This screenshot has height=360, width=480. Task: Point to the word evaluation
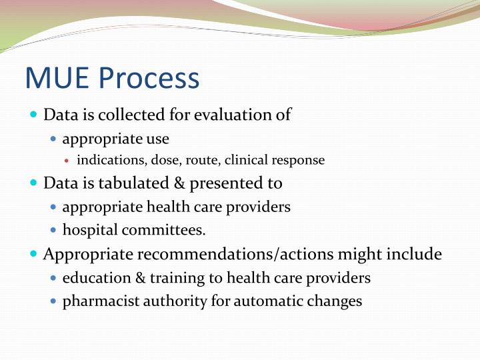coord(233,115)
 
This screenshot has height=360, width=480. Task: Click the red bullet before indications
coord(70,161)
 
